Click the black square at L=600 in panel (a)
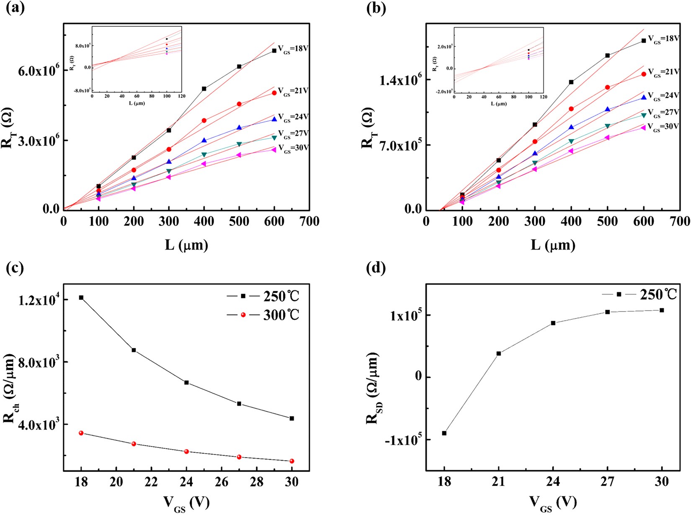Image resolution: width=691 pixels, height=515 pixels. [x=274, y=51]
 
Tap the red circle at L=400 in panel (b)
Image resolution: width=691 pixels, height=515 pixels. [x=571, y=109]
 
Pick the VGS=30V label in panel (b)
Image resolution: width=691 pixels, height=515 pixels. [x=663, y=127]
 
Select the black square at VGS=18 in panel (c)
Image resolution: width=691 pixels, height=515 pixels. [x=81, y=297]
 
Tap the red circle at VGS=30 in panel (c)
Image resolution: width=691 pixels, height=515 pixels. [x=292, y=461]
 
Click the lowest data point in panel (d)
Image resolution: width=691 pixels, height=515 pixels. [x=444, y=433]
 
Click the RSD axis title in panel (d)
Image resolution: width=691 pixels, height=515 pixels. [x=373, y=388]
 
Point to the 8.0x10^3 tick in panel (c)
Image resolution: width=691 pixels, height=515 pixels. [x=38, y=362]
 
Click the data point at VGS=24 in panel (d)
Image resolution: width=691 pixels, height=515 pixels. [x=553, y=323]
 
